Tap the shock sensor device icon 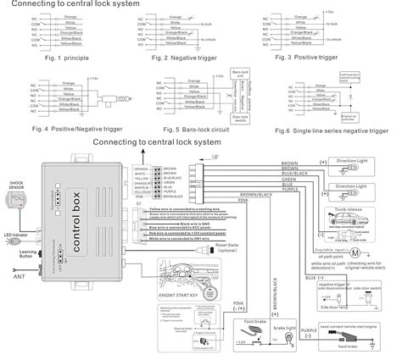(15, 198)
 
